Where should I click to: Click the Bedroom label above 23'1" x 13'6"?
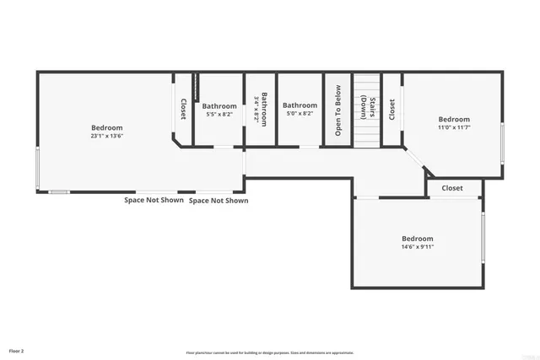[x=107, y=128]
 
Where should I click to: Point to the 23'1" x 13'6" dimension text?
[x=107, y=136]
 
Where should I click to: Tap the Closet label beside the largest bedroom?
[x=183, y=110]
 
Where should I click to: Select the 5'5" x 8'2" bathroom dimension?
[x=219, y=114]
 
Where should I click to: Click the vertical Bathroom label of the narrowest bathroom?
[x=264, y=108]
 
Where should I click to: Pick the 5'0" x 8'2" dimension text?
[x=300, y=114]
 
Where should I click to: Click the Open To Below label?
[x=337, y=110]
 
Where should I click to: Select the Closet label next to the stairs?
[x=391, y=110]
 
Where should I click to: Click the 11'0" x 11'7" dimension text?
[x=453, y=127]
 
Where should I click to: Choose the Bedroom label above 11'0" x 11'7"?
[x=453, y=119]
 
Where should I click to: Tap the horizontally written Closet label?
[x=452, y=188]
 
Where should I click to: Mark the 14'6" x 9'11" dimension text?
[x=417, y=247]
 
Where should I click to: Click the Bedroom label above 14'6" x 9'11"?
[x=417, y=239]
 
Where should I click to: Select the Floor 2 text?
[x=17, y=349]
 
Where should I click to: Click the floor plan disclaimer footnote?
[x=270, y=352]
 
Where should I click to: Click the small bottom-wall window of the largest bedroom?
[x=59, y=191]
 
